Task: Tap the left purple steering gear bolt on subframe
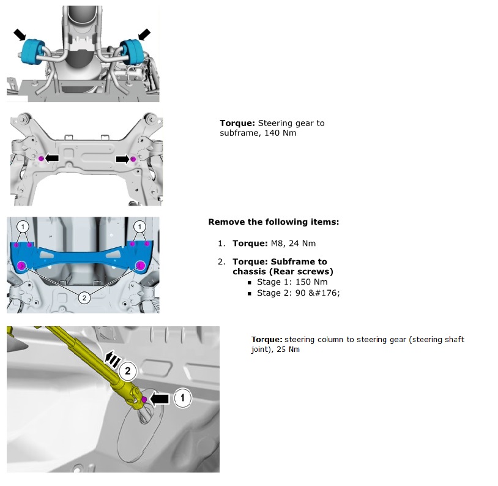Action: [41, 159]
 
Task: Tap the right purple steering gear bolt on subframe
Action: [132, 159]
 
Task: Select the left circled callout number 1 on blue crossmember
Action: [23, 226]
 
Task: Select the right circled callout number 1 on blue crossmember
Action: [140, 226]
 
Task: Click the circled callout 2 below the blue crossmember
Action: [84, 297]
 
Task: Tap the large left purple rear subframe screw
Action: [23, 266]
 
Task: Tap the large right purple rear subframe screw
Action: [140, 266]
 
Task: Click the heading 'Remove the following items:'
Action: [273, 222]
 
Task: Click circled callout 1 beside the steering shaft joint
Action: [182, 398]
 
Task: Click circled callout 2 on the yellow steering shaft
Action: [127, 370]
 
